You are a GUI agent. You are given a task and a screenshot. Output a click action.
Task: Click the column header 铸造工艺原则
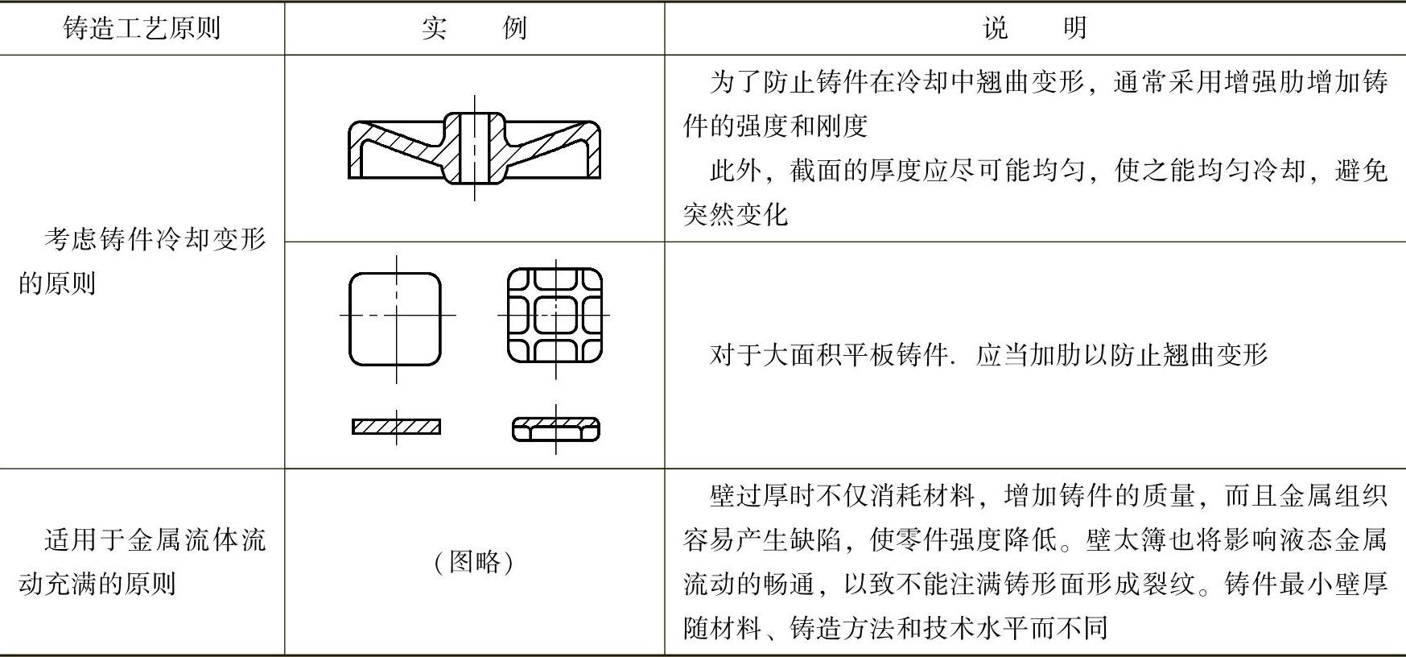[142, 29]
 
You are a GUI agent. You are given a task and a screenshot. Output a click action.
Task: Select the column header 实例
[474, 29]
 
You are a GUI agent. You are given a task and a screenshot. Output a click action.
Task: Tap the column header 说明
[1034, 29]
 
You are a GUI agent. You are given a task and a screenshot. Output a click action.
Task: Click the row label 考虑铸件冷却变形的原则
[142, 261]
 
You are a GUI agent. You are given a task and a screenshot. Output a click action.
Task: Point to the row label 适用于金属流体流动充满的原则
[142, 561]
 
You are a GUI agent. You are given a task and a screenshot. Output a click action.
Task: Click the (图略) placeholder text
[474, 561]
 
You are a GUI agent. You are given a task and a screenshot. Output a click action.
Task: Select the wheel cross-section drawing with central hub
[474, 148]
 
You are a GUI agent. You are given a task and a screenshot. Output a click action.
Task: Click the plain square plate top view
[395, 319]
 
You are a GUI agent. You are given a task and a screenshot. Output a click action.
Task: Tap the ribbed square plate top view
[555, 316]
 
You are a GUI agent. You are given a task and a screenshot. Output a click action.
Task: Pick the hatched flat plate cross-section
[396, 427]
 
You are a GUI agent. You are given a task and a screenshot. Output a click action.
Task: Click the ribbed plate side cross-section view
[555, 429]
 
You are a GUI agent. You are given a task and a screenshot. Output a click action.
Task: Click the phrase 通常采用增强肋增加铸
[1251, 82]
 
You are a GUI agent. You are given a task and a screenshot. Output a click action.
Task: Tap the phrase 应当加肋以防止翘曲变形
[1121, 355]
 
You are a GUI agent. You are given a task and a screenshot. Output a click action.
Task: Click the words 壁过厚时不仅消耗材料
[842, 495]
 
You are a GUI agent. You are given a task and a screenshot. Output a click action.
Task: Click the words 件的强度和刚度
[775, 126]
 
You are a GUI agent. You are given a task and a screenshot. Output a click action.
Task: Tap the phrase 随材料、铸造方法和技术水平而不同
[895, 627]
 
